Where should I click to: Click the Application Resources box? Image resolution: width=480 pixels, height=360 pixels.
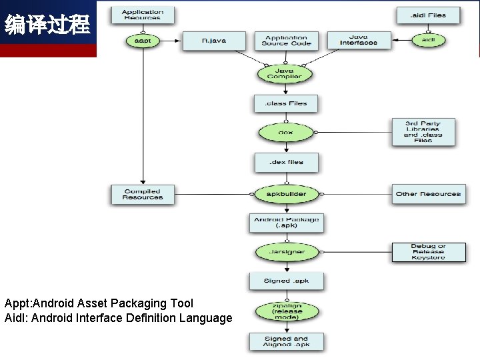pyautogui.click(x=142, y=15)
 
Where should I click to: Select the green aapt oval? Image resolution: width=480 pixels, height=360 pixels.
pyautogui.click(x=142, y=41)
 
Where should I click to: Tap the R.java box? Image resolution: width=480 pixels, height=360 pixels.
pyautogui.click(x=214, y=41)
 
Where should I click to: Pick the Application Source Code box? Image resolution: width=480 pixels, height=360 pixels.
pyautogui.click(x=286, y=41)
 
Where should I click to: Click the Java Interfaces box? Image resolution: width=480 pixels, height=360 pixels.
pyautogui.click(x=358, y=41)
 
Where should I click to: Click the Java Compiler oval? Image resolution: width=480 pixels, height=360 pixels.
pyautogui.click(x=285, y=73)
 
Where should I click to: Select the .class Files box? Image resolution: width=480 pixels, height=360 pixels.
pyautogui.click(x=286, y=103)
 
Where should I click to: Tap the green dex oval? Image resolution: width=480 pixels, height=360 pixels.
pyautogui.click(x=285, y=132)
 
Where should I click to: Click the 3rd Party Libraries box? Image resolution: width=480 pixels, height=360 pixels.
pyautogui.click(x=423, y=132)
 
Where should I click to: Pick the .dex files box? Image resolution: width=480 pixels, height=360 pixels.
pyautogui.click(x=286, y=162)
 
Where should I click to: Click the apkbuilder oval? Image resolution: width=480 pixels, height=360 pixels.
pyautogui.click(x=286, y=194)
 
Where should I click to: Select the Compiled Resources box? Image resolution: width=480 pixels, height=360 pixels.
pyautogui.click(x=142, y=194)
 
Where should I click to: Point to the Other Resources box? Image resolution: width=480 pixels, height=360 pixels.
pyautogui.click(x=428, y=194)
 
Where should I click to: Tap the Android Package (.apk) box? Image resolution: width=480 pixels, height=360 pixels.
pyautogui.click(x=286, y=223)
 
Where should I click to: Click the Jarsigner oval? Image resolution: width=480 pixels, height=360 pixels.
pyautogui.click(x=286, y=252)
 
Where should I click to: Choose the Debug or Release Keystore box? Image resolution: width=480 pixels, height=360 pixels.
pyautogui.click(x=428, y=252)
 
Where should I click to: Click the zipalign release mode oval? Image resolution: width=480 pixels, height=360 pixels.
pyautogui.click(x=286, y=311)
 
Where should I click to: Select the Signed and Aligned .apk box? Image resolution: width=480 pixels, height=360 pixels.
pyautogui.click(x=286, y=342)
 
